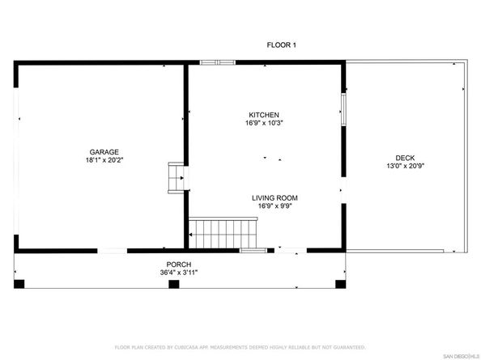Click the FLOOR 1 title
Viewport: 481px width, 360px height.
(x=282, y=45)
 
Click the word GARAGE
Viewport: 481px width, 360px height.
(x=104, y=151)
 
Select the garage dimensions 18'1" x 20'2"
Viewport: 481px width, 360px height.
(x=104, y=160)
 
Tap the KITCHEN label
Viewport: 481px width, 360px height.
(x=264, y=114)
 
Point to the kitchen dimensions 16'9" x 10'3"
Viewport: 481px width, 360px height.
(x=264, y=123)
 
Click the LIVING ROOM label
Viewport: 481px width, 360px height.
(x=275, y=197)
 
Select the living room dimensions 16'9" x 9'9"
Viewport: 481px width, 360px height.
(x=275, y=206)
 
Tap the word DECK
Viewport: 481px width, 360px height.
(x=405, y=158)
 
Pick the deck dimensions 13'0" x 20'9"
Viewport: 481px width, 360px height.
(x=405, y=167)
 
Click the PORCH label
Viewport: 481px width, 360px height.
(x=178, y=265)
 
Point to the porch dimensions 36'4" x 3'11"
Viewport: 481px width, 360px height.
(x=178, y=273)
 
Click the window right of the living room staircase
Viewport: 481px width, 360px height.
(x=253, y=250)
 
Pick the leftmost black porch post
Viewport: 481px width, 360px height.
(x=19, y=284)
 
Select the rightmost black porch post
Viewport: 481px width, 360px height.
(x=338, y=284)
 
